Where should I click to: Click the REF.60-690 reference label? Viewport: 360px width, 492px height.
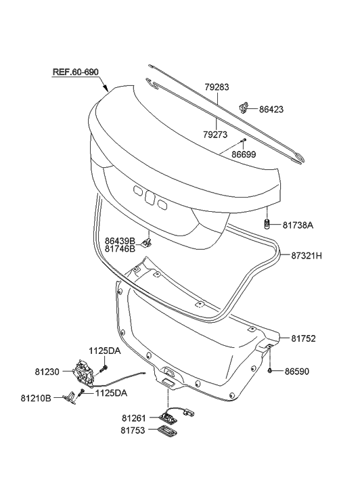(81, 72)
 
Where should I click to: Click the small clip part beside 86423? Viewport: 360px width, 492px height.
(246, 106)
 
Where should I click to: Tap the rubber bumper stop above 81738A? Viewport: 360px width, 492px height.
(267, 225)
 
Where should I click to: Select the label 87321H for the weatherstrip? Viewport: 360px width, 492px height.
(307, 256)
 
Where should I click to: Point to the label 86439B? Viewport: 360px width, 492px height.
(120, 240)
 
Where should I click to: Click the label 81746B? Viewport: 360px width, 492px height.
(120, 248)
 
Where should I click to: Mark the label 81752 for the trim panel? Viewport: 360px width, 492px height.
(304, 338)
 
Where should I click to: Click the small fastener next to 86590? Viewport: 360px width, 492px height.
(270, 372)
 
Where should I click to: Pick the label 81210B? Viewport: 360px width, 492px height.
(39, 399)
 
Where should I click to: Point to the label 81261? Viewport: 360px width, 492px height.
(135, 418)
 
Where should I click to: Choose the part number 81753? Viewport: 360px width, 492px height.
(135, 430)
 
